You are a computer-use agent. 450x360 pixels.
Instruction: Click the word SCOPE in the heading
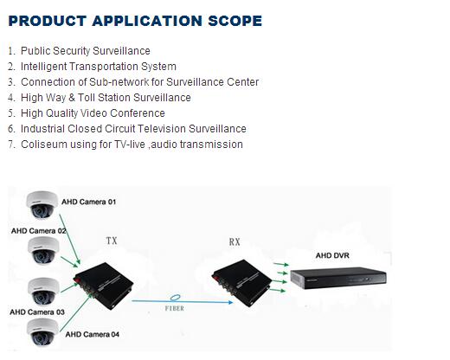click(x=235, y=21)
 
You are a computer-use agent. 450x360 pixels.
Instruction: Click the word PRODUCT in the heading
click(x=48, y=21)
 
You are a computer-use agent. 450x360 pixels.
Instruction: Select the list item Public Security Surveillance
click(x=86, y=51)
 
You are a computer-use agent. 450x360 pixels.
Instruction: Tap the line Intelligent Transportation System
click(x=99, y=67)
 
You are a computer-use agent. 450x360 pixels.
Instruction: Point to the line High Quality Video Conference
click(x=93, y=113)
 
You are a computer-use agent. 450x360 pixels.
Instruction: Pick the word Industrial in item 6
click(x=42, y=129)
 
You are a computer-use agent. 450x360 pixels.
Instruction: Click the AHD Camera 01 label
click(x=89, y=202)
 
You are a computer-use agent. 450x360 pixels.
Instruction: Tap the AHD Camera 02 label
click(x=39, y=231)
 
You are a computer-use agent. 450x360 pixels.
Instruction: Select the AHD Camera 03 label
click(x=37, y=312)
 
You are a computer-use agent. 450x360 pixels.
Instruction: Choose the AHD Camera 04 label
click(x=93, y=335)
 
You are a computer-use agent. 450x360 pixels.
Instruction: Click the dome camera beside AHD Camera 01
click(x=42, y=204)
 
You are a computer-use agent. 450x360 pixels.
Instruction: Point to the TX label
click(x=112, y=241)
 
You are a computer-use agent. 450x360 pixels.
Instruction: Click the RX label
click(x=235, y=241)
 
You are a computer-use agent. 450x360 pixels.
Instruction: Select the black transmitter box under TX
click(x=103, y=286)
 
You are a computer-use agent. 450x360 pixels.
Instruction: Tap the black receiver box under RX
click(x=241, y=282)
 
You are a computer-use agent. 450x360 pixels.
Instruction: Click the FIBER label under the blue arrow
click(x=175, y=308)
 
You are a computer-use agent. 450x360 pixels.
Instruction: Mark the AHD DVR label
click(x=332, y=255)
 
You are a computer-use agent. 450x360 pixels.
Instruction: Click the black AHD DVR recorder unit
click(x=338, y=278)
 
